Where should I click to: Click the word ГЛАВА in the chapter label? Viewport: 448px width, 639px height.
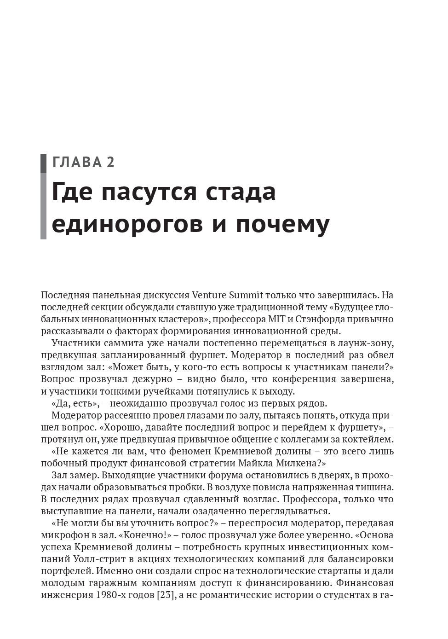(x=77, y=163)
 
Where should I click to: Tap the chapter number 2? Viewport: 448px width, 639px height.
(x=110, y=163)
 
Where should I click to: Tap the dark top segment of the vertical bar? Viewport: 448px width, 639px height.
(x=43, y=163)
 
